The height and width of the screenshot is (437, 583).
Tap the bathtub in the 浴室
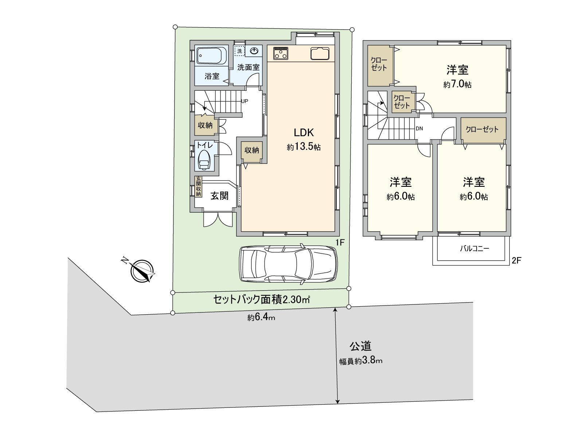[x=212, y=56]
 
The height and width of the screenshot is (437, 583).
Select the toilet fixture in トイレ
[x=204, y=160]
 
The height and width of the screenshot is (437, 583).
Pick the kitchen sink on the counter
[x=320, y=54]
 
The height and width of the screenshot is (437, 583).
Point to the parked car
[x=288, y=264]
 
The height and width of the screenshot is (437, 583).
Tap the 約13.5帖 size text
[x=304, y=147]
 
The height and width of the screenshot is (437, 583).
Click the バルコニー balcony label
[x=474, y=249]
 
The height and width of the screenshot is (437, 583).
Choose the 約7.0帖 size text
[x=457, y=84]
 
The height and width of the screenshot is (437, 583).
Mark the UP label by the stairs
[x=244, y=101]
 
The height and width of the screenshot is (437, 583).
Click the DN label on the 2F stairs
[x=419, y=129]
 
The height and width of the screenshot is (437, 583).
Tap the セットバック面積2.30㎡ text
[x=261, y=299]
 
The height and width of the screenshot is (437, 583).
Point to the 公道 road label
[x=360, y=345]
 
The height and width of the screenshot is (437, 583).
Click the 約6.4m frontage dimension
[x=261, y=318]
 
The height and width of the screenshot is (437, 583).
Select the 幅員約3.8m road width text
[x=361, y=361]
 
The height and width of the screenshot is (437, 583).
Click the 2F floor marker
[x=517, y=260]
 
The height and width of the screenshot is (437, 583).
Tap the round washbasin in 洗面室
[x=254, y=51]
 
